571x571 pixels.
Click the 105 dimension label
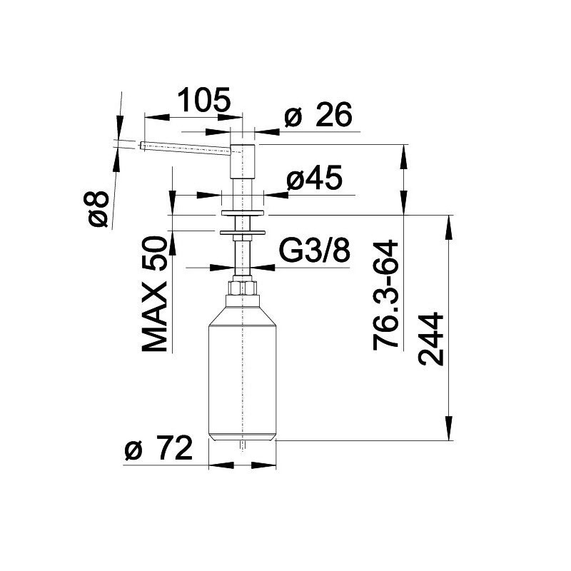click(204, 99)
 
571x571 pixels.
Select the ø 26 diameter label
click(318, 114)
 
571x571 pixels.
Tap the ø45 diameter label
click(315, 178)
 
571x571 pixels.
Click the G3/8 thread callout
click(315, 251)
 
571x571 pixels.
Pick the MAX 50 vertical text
click(154, 294)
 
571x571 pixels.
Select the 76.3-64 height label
click(386, 295)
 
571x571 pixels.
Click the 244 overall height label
click(431, 339)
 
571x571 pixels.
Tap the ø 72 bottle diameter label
click(158, 448)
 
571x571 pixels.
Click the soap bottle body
click(242, 373)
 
